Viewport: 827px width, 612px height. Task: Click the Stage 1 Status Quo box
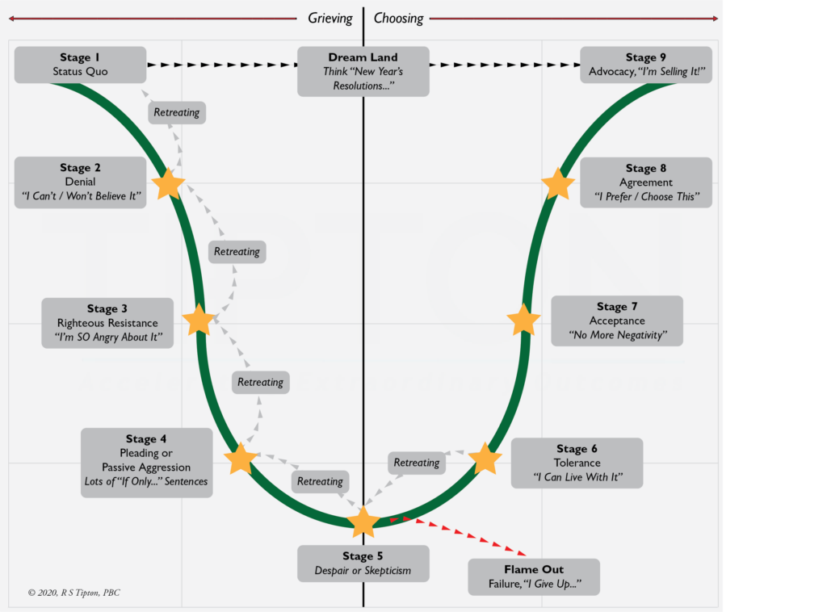pyautogui.click(x=80, y=65)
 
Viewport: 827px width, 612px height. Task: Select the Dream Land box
pyautogui.click(x=363, y=71)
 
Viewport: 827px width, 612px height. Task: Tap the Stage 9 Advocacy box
pyautogui.click(x=646, y=65)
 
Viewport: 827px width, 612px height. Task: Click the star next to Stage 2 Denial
pyautogui.click(x=169, y=184)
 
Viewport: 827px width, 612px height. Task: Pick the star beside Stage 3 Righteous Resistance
pyautogui.click(x=199, y=321)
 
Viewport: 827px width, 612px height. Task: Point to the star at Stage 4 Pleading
pyautogui.click(x=241, y=459)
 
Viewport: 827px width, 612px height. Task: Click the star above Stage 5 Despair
pyautogui.click(x=363, y=522)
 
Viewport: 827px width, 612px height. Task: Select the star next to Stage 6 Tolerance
pyautogui.click(x=485, y=459)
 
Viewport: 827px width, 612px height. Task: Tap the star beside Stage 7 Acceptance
pyautogui.click(x=524, y=321)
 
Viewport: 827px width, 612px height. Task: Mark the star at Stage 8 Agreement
pyautogui.click(x=557, y=184)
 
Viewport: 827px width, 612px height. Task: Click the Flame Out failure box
pyautogui.click(x=534, y=576)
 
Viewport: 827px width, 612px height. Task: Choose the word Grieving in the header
pyautogui.click(x=330, y=18)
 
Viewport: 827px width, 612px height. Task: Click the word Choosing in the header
pyautogui.click(x=398, y=18)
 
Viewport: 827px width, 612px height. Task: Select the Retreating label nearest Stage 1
pyautogui.click(x=177, y=112)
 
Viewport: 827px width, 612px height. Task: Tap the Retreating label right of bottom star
pyautogui.click(x=417, y=463)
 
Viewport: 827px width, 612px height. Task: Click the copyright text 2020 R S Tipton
pyautogui.click(x=73, y=593)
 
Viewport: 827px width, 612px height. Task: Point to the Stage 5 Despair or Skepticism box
pyautogui.click(x=363, y=564)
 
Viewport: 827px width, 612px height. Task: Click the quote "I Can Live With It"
pyautogui.click(x=577, y=477)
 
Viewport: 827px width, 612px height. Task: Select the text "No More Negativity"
pyautogui.click(x=617, y=335)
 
